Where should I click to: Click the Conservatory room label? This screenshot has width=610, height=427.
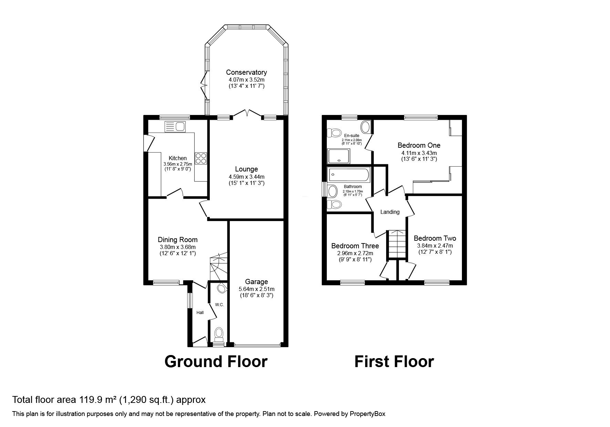coord(246,72)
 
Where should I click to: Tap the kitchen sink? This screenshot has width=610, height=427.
coord(175,127)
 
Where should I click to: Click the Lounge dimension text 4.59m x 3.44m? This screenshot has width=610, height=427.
coord(246,177)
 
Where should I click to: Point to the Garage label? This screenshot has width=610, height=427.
coord(256,282)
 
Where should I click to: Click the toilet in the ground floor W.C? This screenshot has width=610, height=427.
coord(219,334)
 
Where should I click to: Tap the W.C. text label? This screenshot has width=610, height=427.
coord(219,305)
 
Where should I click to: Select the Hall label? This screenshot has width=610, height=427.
coord(200,313)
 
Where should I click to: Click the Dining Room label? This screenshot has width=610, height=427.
coord(177,240)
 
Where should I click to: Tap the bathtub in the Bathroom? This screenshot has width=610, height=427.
coord(349,175)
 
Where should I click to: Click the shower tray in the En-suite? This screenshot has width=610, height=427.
coord(339,156)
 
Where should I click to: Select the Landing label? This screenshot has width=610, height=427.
coord(390,212)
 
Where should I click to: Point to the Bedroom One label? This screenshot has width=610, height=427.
coord(419,145)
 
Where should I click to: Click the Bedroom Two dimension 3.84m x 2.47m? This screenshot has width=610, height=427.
coord(435,246)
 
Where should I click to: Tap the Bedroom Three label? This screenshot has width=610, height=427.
coord(355,246)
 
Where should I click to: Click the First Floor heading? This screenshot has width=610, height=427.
coord(394,362)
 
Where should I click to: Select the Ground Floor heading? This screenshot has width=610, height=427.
coord(216,362)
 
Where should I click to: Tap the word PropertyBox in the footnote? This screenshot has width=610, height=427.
coord(366,414)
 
